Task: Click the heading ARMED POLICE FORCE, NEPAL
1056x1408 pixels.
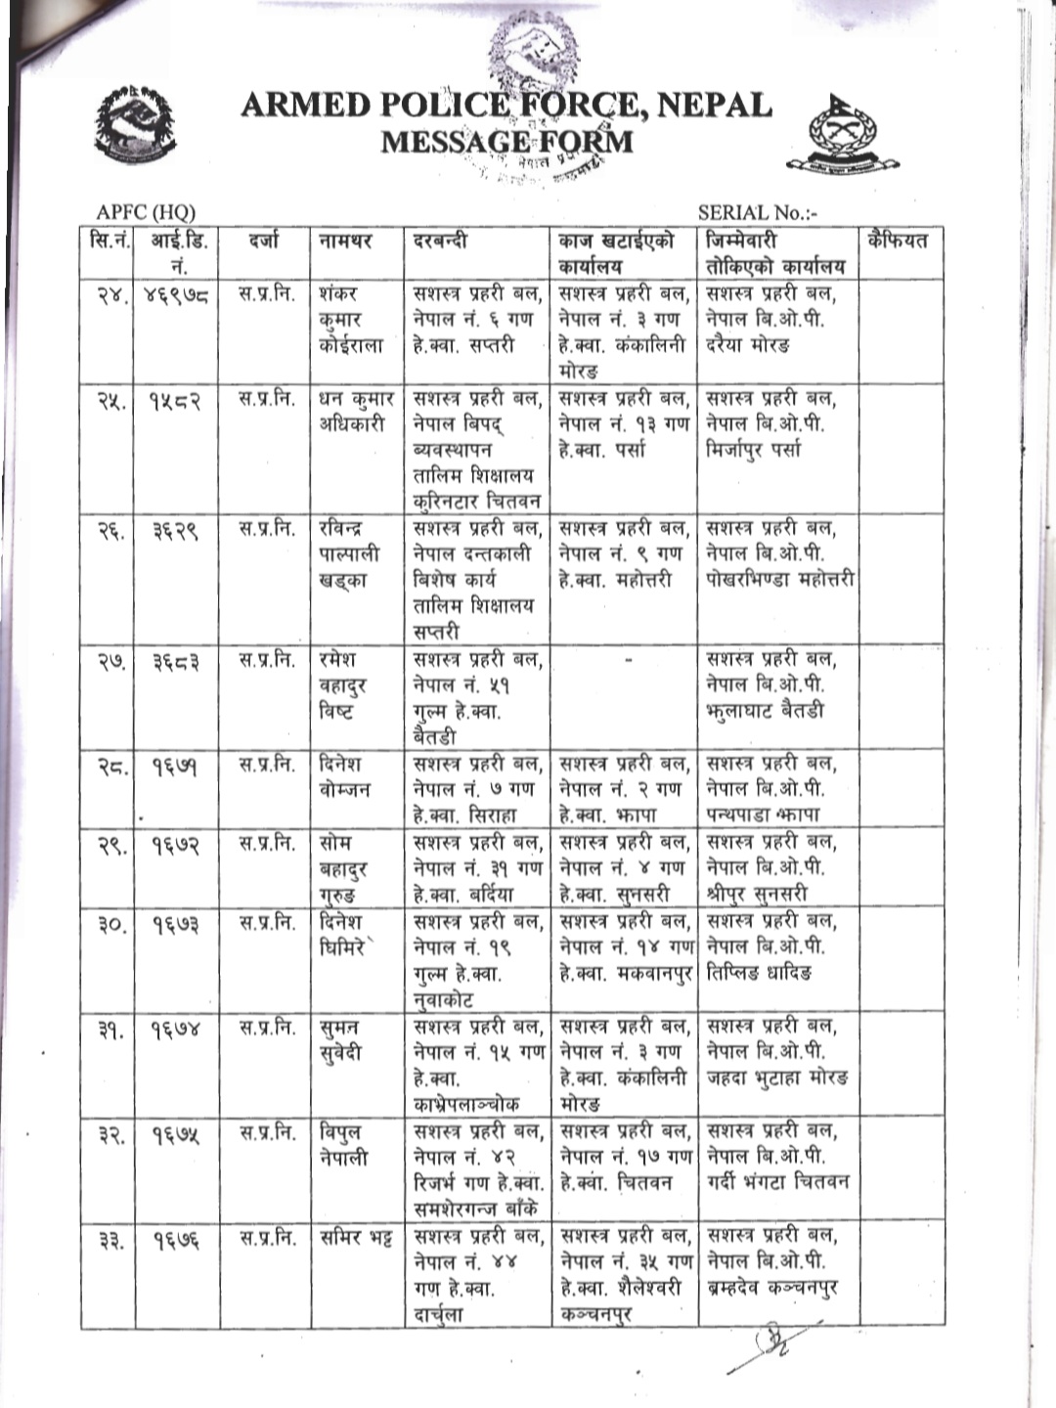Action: [x=506, y=104]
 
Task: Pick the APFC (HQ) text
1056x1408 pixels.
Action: [x=146, y=212]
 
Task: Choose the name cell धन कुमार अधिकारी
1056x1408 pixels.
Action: [x=356, y=412]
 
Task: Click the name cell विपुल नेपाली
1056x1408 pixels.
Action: [x=344, y=1145]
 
